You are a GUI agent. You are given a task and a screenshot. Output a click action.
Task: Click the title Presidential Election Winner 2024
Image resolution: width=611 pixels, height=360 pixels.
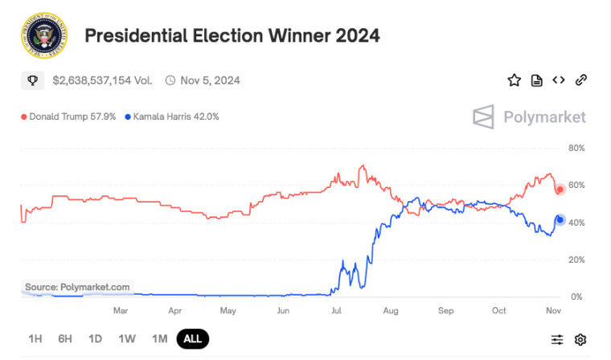(x=232, y=36)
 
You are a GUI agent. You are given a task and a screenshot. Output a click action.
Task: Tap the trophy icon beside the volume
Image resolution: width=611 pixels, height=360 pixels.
(x=33, y=80)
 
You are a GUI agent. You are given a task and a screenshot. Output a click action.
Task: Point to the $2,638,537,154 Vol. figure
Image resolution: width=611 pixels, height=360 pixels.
(x=103, y=80)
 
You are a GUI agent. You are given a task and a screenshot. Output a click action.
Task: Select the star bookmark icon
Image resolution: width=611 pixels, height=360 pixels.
(x=514, y=80)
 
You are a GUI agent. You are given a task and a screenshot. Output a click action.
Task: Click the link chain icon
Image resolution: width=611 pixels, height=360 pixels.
(x=581, y=80)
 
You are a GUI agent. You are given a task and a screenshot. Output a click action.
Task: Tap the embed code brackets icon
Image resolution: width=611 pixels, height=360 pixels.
(x=559, y=80)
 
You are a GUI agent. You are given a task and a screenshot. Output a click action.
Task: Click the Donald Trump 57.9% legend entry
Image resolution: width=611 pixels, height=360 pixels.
(x=69, y=117)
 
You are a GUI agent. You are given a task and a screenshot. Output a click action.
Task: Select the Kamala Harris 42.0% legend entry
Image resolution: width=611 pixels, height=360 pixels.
(x=171, y=117)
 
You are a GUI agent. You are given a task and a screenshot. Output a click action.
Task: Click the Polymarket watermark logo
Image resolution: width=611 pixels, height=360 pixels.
(x=529, y=117)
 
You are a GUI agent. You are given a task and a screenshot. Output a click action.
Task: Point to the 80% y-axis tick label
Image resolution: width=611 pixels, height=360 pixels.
(x=576, y=149)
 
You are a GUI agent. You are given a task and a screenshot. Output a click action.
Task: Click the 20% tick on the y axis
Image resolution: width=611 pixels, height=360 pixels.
(x=576, y=260)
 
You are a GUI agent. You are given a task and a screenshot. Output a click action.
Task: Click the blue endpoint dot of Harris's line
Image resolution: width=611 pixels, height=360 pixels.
(x=560, y=219)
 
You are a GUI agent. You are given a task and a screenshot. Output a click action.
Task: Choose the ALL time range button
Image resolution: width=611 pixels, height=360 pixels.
(x=192, y=339)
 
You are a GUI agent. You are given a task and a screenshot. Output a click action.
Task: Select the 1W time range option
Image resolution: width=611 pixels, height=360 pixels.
(x=127, y=339)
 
